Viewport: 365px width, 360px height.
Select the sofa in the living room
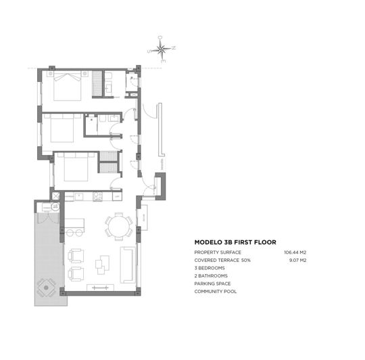(126, 265)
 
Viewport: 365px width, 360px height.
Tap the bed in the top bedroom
(67, 85)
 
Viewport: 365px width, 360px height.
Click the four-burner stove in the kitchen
(97, 197)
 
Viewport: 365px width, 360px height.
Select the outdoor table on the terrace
(46, 287)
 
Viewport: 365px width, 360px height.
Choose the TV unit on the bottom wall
(99, 288)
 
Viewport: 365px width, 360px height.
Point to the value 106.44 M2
(295, 252)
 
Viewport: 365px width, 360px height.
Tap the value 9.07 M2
(297, 260)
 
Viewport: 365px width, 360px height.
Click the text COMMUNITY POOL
(216, 292)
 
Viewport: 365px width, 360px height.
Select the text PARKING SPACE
(212, 284)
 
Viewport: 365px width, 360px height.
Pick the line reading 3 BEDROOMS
(210, 268)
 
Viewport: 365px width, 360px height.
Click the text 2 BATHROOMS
(211, 276)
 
